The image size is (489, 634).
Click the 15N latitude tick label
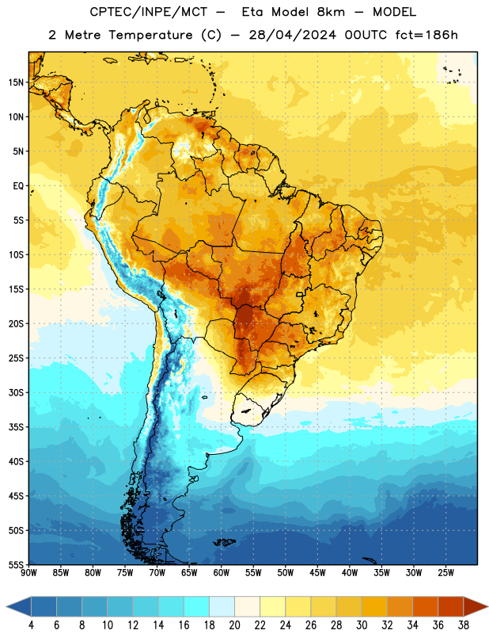tap(16, 82)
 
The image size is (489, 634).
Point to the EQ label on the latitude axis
tap(18, 186)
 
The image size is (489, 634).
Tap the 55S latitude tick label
tap(16, 565)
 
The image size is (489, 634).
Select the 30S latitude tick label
tap(16, 392)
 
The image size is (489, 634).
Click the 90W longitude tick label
tap(28, 573)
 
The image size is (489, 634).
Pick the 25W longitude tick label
tap(445, 573)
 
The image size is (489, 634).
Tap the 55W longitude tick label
tap(253, 573)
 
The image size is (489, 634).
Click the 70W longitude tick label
tap(157, 573)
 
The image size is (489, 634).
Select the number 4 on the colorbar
tap(31, 625)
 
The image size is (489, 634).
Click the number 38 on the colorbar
tap(464, 625)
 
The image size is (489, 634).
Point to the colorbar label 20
tap(234, 625)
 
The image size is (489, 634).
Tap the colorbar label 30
tap(362, 625)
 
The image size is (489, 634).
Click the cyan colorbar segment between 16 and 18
tap(196, 607)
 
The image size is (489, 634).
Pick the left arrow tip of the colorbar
tap(6, 607)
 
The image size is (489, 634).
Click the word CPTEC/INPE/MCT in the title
tap(148, 13)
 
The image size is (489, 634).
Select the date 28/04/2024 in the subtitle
tap(292, 35)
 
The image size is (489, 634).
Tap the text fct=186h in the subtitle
tap(426, 35)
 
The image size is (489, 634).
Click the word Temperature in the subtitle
tap(150, 35)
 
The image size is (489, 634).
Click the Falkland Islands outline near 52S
tap(224, 542)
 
